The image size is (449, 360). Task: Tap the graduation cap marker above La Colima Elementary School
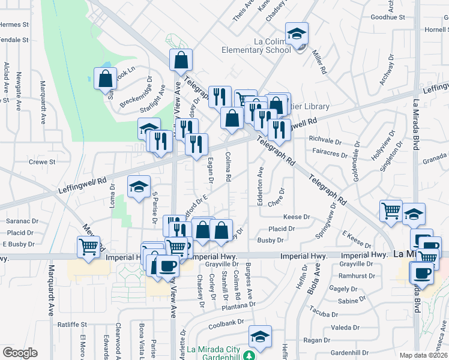point(297,35)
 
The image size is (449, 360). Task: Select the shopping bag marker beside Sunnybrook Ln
point(105,79)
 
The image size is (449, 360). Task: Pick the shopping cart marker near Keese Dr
point(391,211)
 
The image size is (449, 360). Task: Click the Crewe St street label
point(42,162)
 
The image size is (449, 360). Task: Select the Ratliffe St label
point(73,325)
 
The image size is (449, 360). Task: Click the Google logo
point(20,353)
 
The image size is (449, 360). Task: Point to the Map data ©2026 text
point(424,355)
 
